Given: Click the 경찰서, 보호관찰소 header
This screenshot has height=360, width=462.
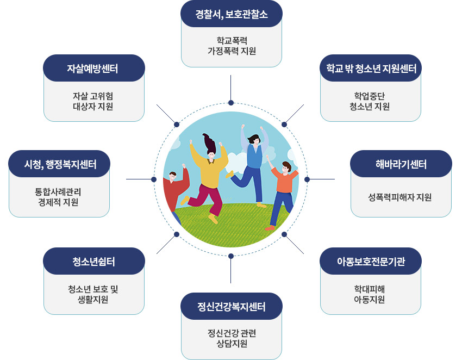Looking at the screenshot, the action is pyautogui.click(x=232, y=14).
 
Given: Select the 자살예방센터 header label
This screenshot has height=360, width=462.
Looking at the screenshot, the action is pyautogui.click(x=93, y=68).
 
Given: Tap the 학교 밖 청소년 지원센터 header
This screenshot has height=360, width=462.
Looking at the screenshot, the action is pyautogui.click(x=371, y=68).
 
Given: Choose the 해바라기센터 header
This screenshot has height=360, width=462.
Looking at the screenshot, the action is pyautogui.click(x=401, y=164).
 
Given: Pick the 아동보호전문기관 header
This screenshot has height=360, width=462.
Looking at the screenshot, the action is pyautogui.click(x=371, y=262).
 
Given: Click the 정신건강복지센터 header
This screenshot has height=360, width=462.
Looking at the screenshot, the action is pyautogui.click(x=232, y=307).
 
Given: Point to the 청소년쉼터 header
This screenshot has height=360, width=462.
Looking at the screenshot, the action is pyautogui.click(x=93, y=262).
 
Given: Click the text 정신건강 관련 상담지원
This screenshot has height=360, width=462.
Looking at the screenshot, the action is pyautogui.click(x=232, y=338).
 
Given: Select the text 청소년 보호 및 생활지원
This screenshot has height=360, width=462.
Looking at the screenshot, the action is pyautogui.click(x=93, y=294).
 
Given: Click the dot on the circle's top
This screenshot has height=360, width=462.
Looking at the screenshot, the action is pyautogui.click(x=231, y=103).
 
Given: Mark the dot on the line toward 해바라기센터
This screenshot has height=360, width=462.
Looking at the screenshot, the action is pyautogui.click(x=307, y=179).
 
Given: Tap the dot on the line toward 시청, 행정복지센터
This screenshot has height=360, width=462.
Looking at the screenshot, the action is pyautogui.click(x=154, y=179).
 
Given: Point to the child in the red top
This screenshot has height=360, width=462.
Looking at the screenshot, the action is pyautogui.click(x=174, y=190).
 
